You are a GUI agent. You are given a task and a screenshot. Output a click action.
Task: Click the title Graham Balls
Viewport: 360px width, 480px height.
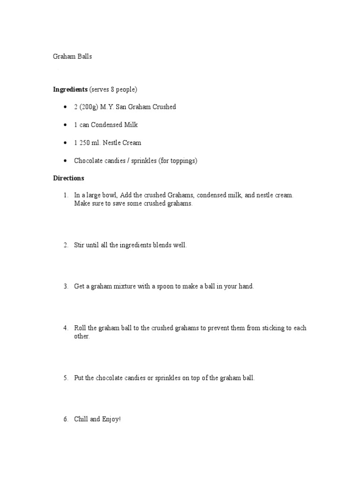73,57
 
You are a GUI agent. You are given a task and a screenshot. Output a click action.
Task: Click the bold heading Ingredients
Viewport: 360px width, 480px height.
70,89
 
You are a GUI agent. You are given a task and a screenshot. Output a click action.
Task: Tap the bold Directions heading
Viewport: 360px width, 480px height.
68,178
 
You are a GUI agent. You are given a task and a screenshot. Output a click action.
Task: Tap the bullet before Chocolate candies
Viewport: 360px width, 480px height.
65,161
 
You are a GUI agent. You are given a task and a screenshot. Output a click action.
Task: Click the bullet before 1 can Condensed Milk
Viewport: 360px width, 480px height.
65,125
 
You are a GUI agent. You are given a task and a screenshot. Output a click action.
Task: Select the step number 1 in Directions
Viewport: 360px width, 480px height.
66,195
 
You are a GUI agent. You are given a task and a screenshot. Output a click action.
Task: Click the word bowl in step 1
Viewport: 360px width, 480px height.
110,195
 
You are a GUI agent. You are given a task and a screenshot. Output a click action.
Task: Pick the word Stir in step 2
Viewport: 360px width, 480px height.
79,245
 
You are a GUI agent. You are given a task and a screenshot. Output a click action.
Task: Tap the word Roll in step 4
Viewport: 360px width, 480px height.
80,328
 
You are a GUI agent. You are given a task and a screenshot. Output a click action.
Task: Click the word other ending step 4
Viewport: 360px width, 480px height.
82,337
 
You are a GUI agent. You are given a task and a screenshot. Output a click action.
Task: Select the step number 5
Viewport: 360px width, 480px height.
66,378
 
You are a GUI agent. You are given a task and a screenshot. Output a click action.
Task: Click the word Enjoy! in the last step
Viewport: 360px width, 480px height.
111,419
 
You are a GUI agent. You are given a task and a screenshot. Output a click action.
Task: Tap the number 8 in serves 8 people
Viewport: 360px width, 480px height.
113,89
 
